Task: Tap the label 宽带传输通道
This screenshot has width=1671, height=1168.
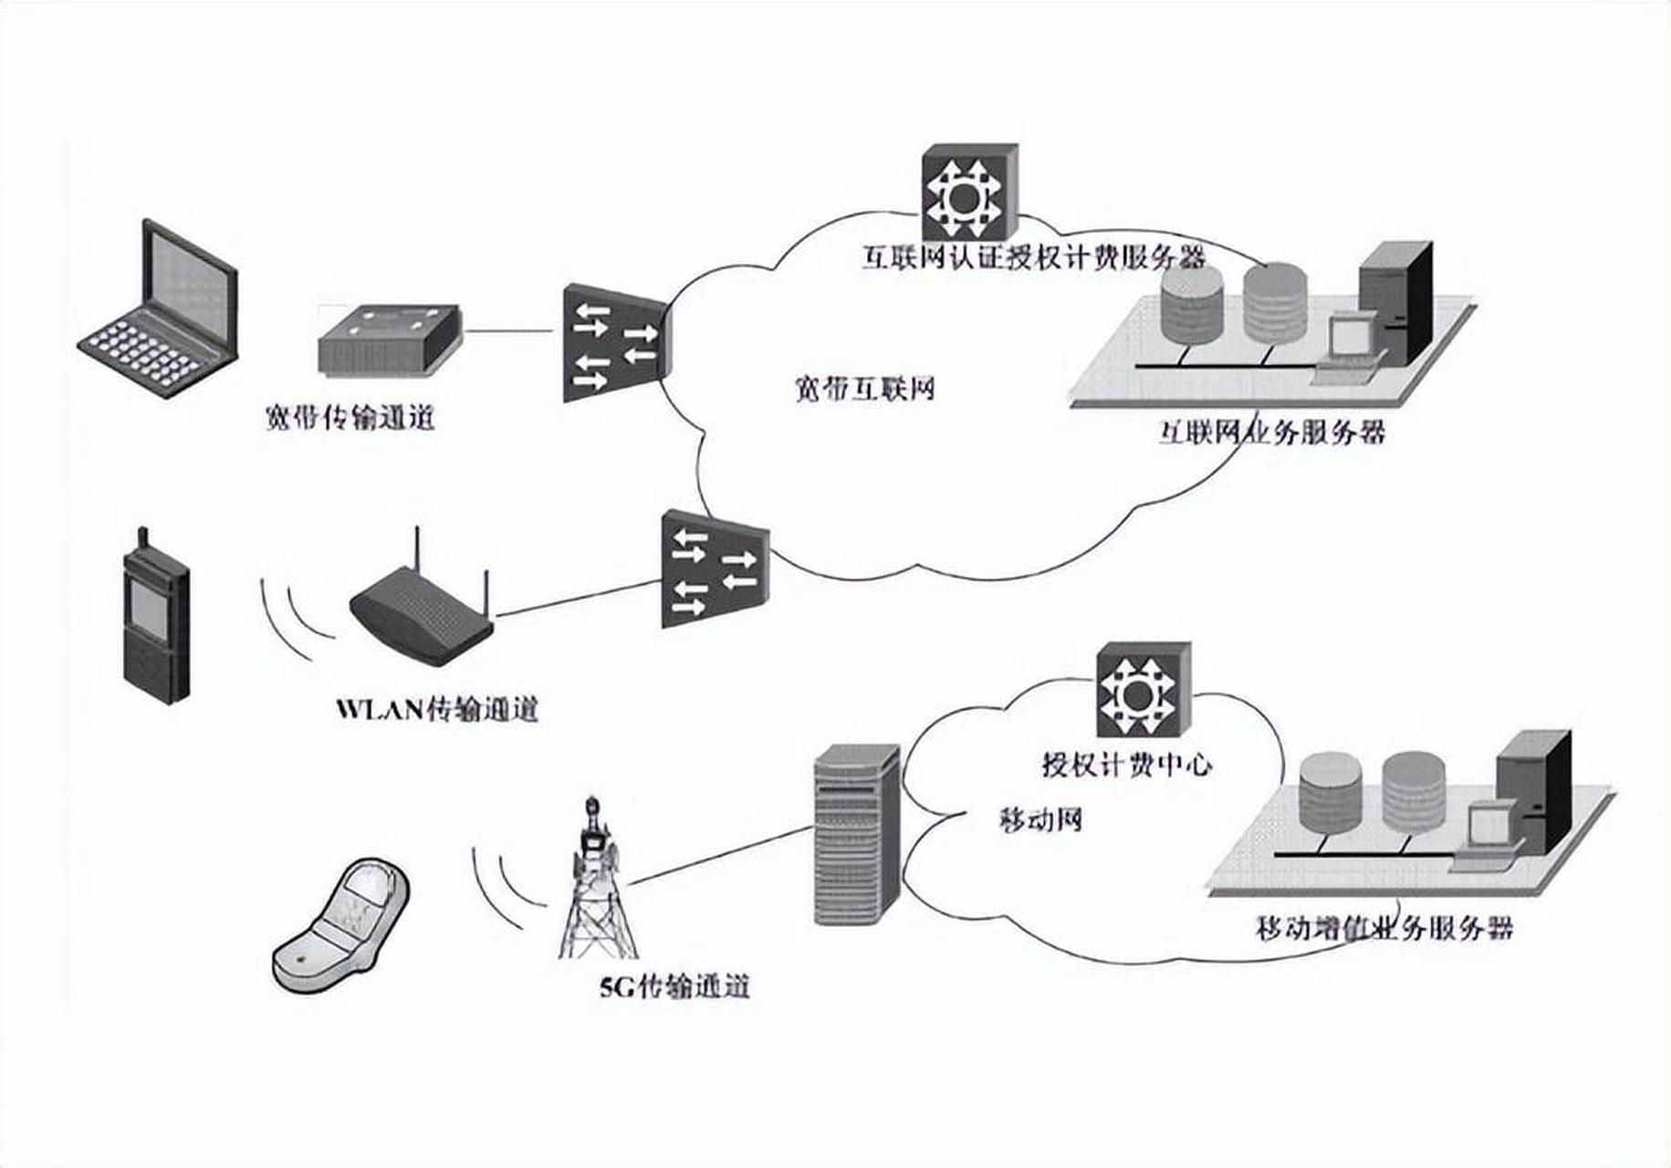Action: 350,418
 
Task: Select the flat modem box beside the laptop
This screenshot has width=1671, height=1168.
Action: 389,340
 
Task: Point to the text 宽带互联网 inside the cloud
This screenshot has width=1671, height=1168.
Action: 862,390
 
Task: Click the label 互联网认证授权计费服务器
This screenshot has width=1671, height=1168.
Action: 1034,258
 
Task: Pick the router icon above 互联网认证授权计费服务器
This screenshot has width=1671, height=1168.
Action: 968,193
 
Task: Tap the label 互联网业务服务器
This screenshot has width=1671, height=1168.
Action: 1272,431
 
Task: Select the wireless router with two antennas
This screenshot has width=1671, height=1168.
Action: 421,611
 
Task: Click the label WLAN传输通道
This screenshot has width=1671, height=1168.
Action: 437,709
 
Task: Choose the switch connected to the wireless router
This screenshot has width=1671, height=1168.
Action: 715,568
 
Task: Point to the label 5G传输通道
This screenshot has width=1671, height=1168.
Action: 674,987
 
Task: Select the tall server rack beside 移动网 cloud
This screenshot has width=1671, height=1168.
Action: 856,833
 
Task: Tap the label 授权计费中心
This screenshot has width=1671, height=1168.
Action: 1127,764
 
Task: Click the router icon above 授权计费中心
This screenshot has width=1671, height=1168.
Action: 1143,690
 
